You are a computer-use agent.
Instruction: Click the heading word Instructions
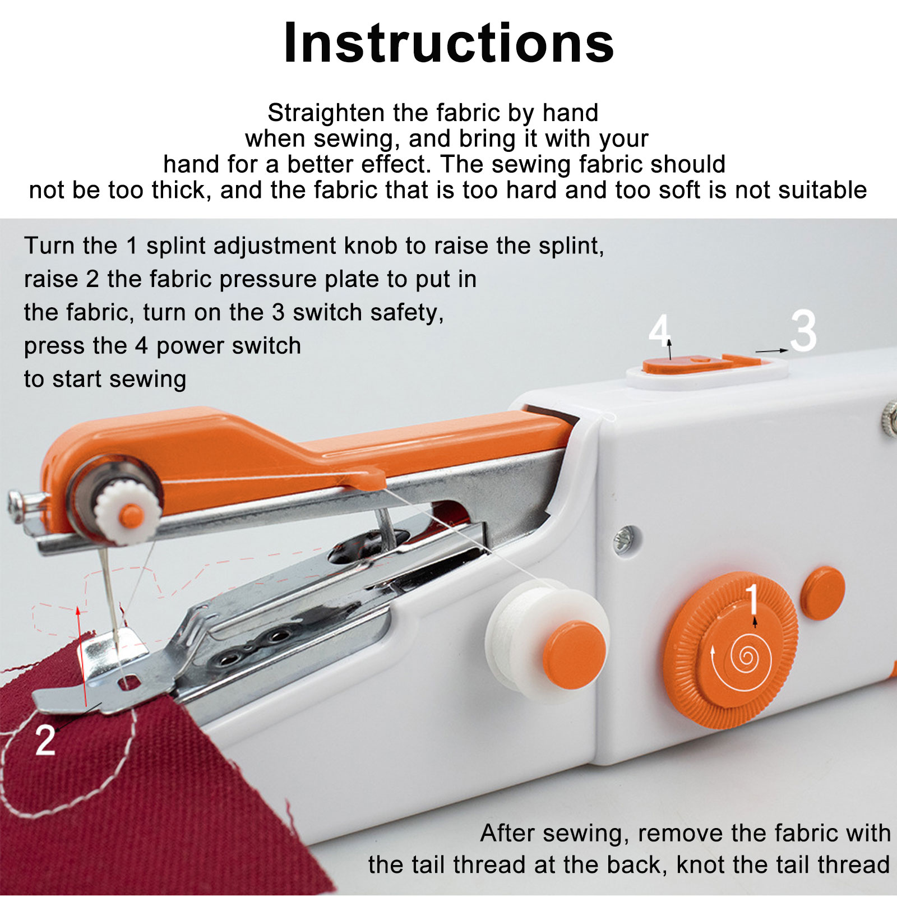449,43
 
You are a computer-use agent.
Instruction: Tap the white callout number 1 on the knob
752,599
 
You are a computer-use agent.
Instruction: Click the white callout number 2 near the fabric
45,740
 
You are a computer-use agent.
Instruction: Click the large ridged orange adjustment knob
730,650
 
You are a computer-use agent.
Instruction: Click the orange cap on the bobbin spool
574,654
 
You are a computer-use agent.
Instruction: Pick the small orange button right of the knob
823,593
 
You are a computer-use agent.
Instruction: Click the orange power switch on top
687,364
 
